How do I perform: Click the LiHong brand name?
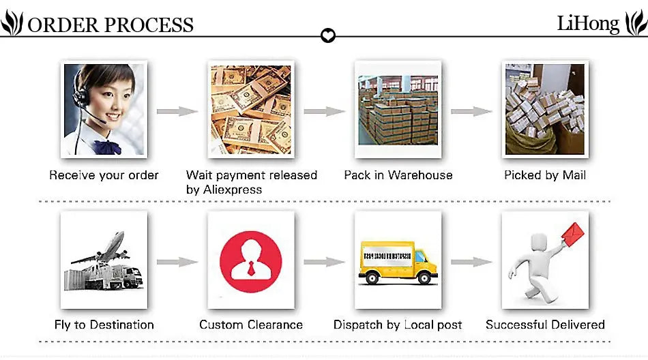tap(588, 24)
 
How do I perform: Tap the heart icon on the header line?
tap(328, 35)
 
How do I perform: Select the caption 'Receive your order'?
tap(104, 175)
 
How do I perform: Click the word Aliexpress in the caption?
tap(233, 190)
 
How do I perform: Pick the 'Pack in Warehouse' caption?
tap(398, 175)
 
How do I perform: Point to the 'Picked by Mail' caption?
tap(545, 175)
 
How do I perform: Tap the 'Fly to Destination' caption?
tap(104, 325)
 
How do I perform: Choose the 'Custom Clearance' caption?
tap(251, 325)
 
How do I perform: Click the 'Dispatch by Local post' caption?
tap(398, 325)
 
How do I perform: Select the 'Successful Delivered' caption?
tap(545, 325)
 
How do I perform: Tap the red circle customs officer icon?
tap(251, 261)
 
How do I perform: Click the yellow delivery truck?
tap(398, 262)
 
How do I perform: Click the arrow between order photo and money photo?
tap(177, 111)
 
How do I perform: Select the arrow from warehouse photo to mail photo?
tap(471, 111)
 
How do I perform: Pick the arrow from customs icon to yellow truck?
tap(325, 261)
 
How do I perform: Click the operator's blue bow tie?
tap(106, 147)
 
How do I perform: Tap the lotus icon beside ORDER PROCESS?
tap(12, 25)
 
